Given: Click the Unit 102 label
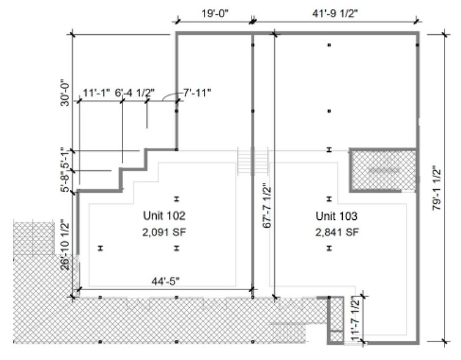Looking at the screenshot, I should pos(164,216).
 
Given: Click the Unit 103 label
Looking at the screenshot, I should pos(336,216).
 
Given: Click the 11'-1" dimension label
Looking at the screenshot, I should pos(96,93).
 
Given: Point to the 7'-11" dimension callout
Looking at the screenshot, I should pos(197,93).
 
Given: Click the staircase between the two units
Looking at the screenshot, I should pos(253,161).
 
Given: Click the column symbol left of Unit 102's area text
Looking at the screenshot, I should pos(100,248).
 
